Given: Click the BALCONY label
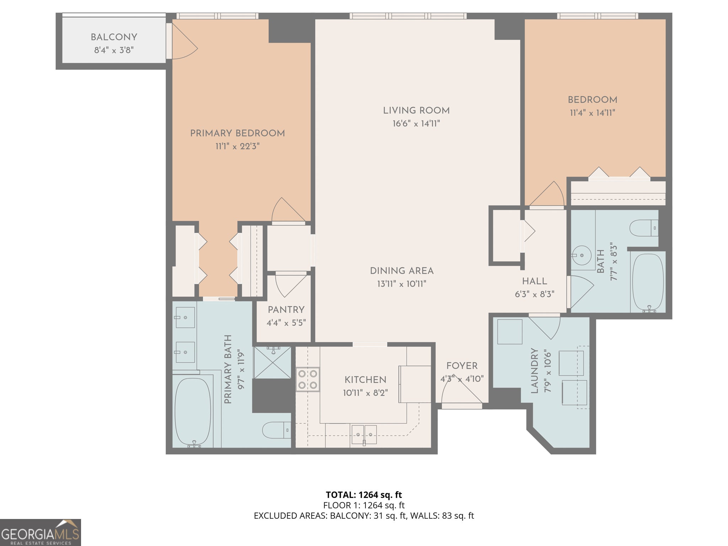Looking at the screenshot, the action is coord(114,37).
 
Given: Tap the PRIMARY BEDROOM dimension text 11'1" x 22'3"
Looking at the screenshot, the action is coord(237,146).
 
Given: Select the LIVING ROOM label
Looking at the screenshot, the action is coord(416,111).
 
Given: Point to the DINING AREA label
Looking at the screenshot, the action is coord(402,271).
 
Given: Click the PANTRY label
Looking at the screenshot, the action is coord(286,310).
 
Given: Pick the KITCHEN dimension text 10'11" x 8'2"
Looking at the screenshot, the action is coord(365,393).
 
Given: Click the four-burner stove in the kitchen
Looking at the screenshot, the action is coord(308,379).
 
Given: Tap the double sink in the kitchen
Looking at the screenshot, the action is coord(364,435).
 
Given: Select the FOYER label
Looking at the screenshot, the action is coord(462,366).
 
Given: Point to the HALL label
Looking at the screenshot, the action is coord(535,281).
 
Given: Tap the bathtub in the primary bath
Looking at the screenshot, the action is coord(193,412).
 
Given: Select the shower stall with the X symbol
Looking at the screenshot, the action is coord(272,363).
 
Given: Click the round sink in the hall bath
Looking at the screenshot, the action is coord(582,255).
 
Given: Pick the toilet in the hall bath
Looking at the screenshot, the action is coord(644,228).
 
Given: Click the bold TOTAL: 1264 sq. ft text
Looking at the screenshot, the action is coord(364,495).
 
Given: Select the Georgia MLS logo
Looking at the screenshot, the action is coord(40,532).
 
